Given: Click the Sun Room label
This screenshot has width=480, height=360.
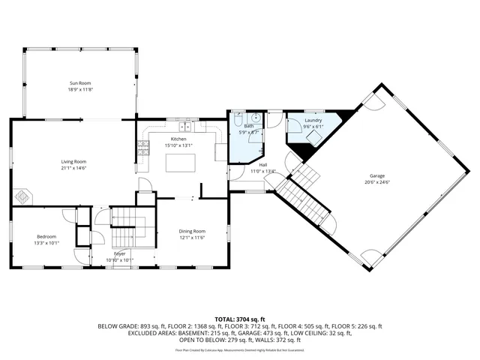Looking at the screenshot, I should pos(81,83).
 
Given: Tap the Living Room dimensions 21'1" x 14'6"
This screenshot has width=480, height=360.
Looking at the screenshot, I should pos(73,167).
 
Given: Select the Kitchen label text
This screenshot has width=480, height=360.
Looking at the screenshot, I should pos(178,139).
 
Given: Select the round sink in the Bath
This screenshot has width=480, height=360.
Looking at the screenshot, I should pos(256,118).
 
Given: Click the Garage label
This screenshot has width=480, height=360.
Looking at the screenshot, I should pos(376,176).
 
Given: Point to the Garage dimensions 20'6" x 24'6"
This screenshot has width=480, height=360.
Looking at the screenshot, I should pos(376,182).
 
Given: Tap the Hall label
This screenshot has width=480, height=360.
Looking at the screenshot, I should pos(263,165).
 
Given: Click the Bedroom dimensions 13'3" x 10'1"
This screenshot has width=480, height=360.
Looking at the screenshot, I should pos(46,243).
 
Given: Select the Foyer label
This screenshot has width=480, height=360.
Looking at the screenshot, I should pos(120,254).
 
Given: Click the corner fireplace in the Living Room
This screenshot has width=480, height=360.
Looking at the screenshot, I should pos(24,196).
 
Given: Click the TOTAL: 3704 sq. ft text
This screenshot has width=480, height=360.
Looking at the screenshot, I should pos(239,319).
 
